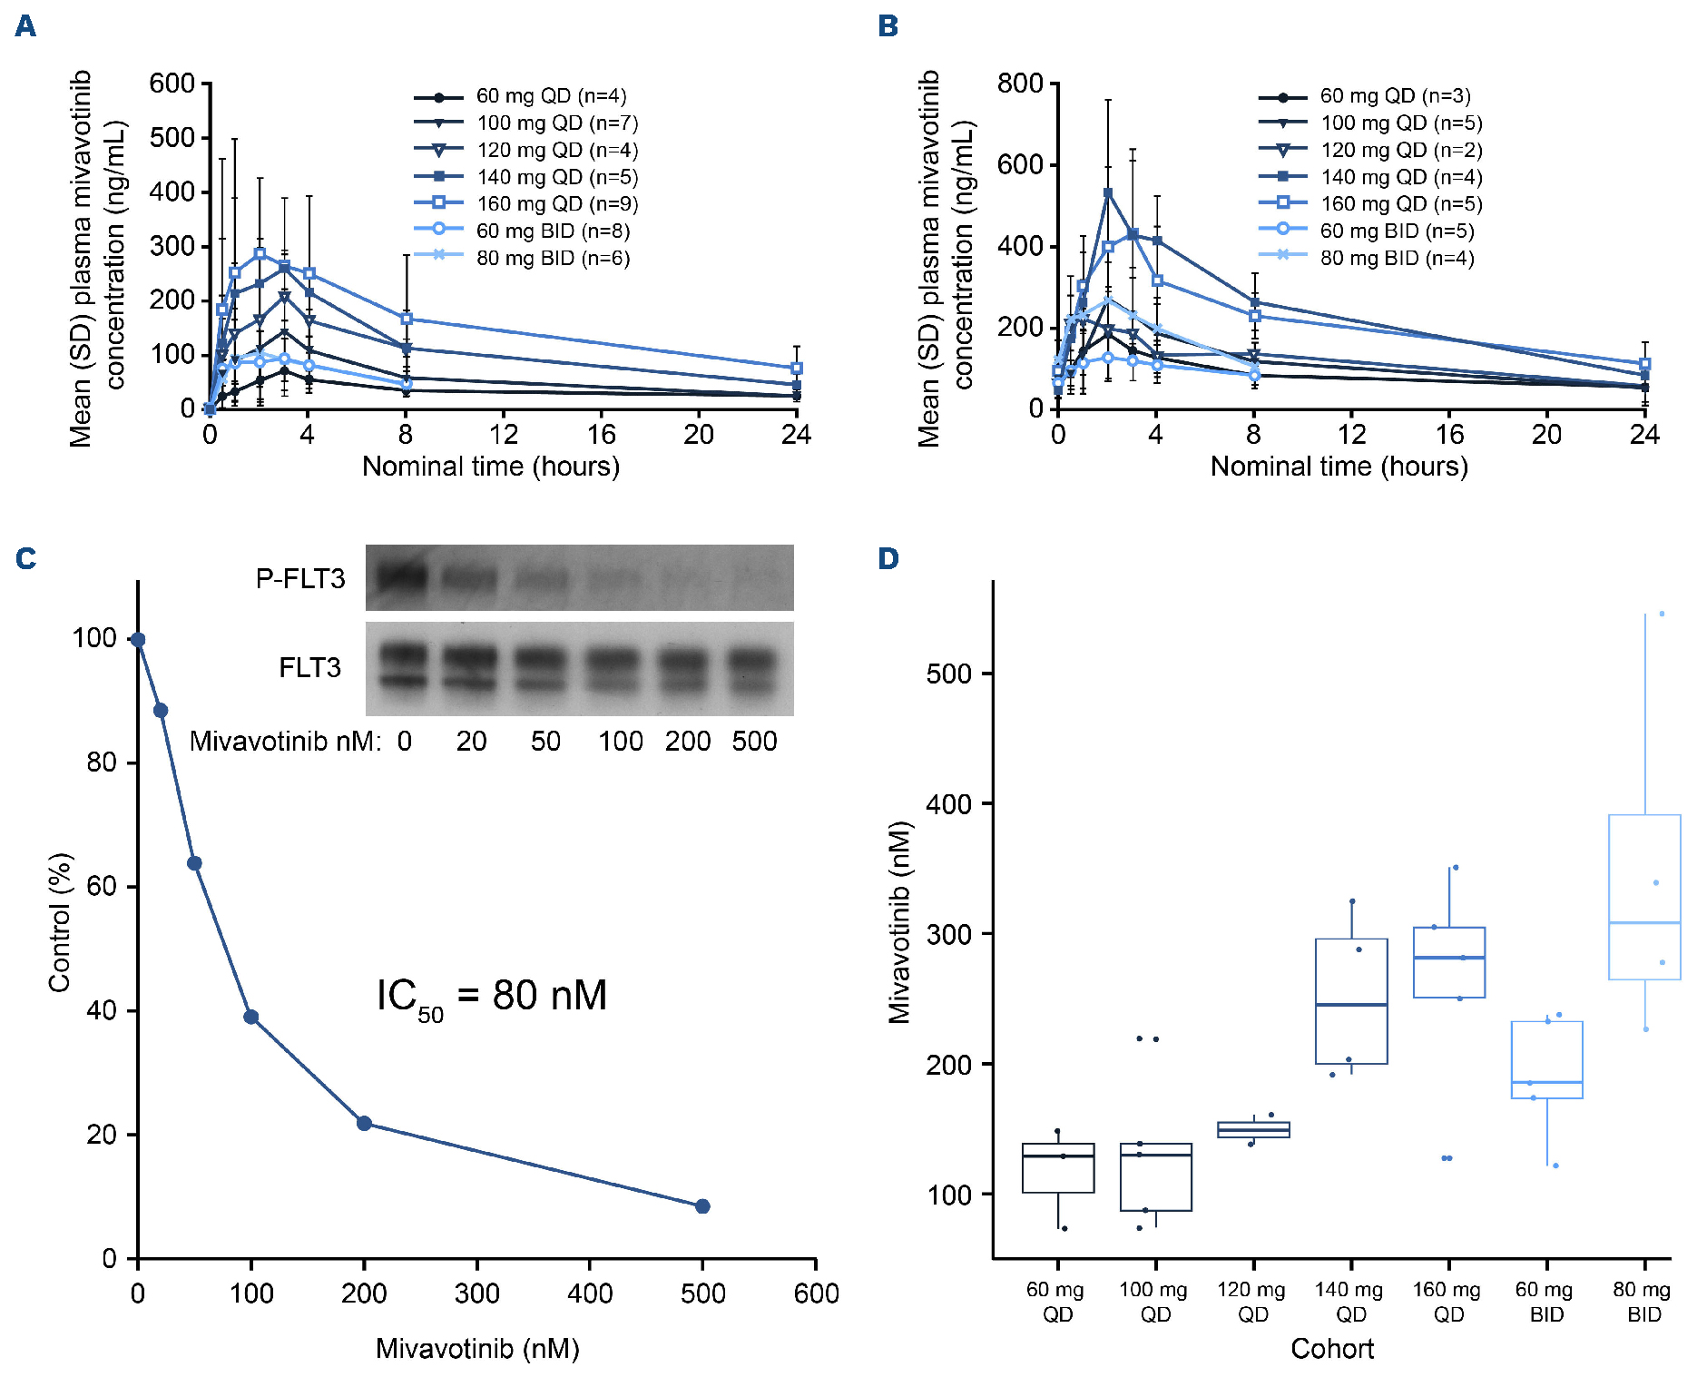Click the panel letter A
25,25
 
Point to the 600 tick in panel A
172,84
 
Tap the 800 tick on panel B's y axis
1020,84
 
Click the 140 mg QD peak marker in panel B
1107,193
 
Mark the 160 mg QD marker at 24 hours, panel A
797,369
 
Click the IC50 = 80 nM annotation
491,997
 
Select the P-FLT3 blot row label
300,578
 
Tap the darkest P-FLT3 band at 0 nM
400,576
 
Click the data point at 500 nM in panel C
702,1206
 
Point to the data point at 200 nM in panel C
364,1124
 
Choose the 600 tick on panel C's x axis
816,1293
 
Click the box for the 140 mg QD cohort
1351,1001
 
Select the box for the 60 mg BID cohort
1546,1059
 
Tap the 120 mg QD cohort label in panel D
1252,1302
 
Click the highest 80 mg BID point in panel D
1662,614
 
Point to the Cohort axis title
1331,1349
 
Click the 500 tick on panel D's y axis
948,674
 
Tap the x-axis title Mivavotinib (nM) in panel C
477,1349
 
